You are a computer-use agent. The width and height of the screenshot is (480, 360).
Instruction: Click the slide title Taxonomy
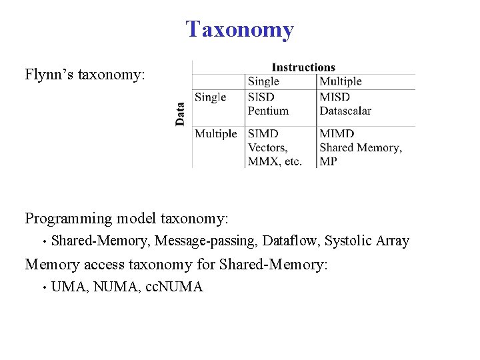(x=239, y=30)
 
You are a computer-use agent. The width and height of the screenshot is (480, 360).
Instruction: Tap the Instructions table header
(x=303, y=67)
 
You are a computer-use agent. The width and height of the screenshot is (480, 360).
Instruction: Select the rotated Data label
(x=180, y=113)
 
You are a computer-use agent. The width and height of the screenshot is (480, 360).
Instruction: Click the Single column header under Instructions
(x=263, y=81)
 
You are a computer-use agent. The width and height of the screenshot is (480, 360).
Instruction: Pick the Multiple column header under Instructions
(x=340, y=81)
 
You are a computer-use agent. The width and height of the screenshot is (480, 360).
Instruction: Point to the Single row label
(x=210, y=97)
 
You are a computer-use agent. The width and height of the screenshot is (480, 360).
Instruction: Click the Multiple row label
(x=215, y=133)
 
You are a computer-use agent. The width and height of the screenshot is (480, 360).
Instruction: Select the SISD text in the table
(x=261, y=97)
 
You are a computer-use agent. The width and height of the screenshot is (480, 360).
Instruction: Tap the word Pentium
(x=268, y=111)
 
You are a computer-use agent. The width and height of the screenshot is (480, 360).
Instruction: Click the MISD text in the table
(x=334, y=97)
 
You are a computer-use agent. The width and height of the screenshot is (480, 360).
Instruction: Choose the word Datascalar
(x=345, y=111)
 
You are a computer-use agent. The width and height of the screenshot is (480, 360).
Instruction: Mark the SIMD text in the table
(x=263, y=133)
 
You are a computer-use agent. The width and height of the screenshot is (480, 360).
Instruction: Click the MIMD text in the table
(x=336, y=133)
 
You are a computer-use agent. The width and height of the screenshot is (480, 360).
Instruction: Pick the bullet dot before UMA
(x=43, y=288)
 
